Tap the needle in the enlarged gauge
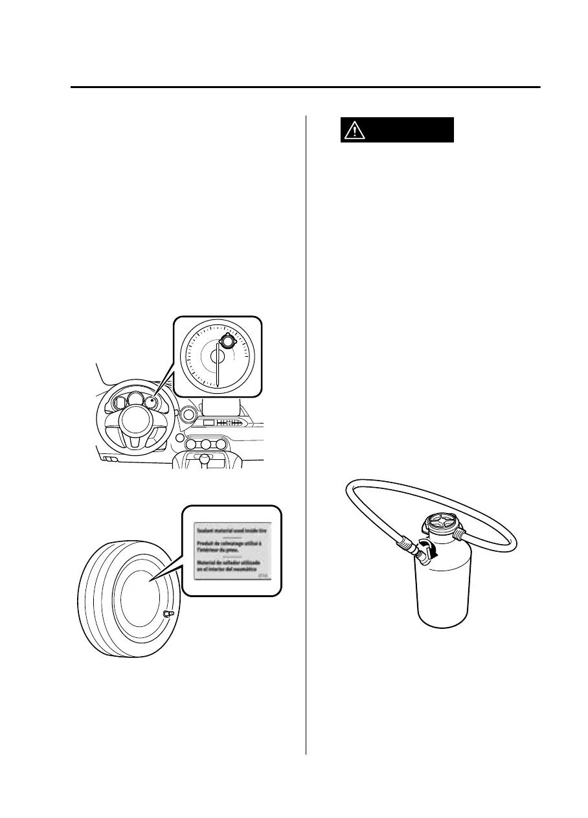click(x=217, y=369)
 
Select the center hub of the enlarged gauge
click(x=217, y=356)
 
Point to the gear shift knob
click(x=206, y=459)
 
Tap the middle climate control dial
click(x=206, y=445)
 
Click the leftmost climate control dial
click(x=191, y=445)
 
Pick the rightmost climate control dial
click(x=221, y=445)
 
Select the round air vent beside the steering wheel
click(x=188, y=414)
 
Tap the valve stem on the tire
click(x=168, y=613)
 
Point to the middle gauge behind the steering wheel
click(x=134, y=400)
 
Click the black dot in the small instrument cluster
click(x=151, y=401)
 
